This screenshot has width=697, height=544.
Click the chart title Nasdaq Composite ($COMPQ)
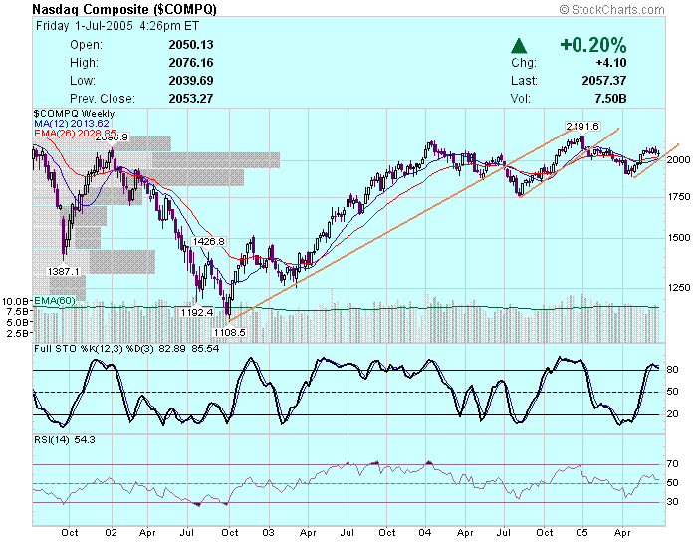pyautogui.click(x=124, y=9)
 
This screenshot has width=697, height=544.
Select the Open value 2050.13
pyautogui.click(x=192, y=45)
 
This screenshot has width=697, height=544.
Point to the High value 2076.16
pyautogui.click(x=192, y=63)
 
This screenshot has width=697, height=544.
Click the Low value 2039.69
pyautogui.click(x=192, y=81)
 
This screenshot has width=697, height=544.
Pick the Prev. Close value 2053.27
pyautogui.click(x=192, y=99)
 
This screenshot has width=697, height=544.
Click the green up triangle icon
pyautogui.click(x=518, y=45)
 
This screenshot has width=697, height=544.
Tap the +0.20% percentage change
pyautogui.click(x=593, y=45)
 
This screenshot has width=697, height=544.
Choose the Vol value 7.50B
pyautogui.click(x=610, y=99)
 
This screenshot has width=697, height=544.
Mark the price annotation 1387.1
pyautogui.click(x=63, y=271)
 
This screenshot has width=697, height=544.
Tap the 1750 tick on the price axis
pyautogui.click(x=678, y=197)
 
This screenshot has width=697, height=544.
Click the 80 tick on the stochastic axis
pyautogui.click(x=673, y=370)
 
